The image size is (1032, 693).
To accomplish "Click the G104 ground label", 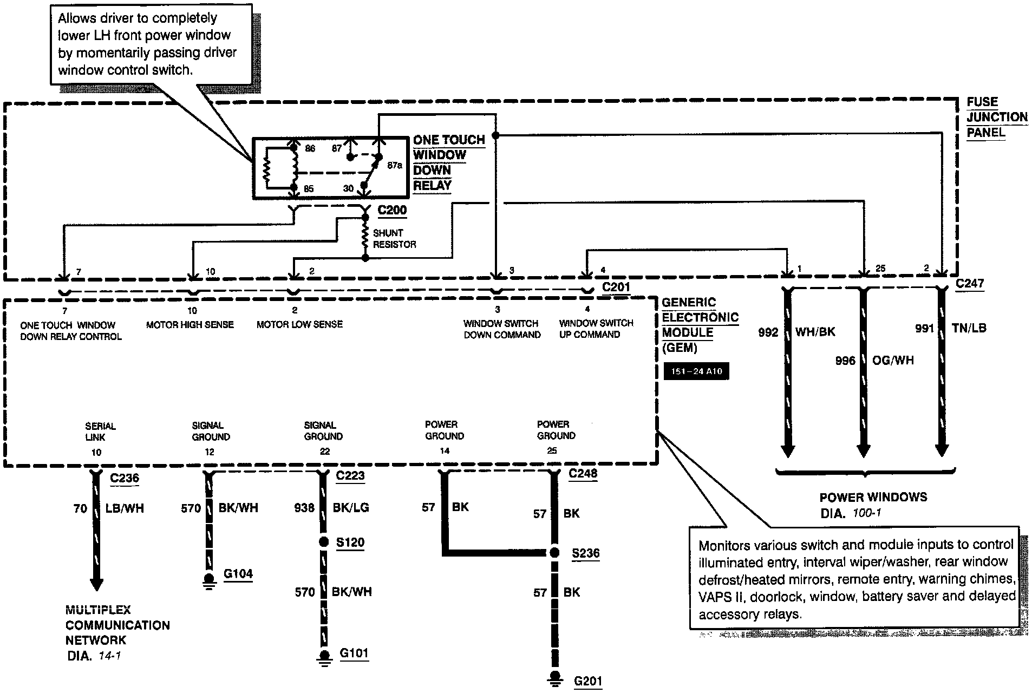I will click(238, 574).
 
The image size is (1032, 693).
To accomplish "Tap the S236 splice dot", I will click(554, 553).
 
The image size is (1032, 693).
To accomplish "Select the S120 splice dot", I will click(324, 542).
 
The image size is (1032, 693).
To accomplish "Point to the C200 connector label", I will click(392, 210).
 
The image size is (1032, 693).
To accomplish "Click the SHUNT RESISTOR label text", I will click(394, 239).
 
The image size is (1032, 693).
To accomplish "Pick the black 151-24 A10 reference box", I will click(696, 371).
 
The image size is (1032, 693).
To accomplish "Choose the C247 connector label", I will click(970, 283).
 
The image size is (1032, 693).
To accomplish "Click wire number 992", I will click(768, 332).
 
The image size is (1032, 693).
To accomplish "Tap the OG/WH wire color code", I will click(893, 361).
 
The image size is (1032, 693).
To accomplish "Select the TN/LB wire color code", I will click(969, 328).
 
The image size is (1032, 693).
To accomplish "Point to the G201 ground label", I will click(588, 681).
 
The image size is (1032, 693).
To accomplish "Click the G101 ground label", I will click(354, 653).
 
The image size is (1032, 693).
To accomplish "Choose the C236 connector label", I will click(125, 478).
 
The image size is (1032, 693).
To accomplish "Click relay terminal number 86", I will click(310, 148).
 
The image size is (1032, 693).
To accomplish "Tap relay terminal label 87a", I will click(395, 166).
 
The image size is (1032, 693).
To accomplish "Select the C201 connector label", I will click(616, 286).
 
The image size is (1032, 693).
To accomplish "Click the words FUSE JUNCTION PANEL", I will click(996, 117).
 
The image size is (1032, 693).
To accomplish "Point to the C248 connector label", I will click(583, 473).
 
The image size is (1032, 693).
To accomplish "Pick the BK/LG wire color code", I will click(350, 508).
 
